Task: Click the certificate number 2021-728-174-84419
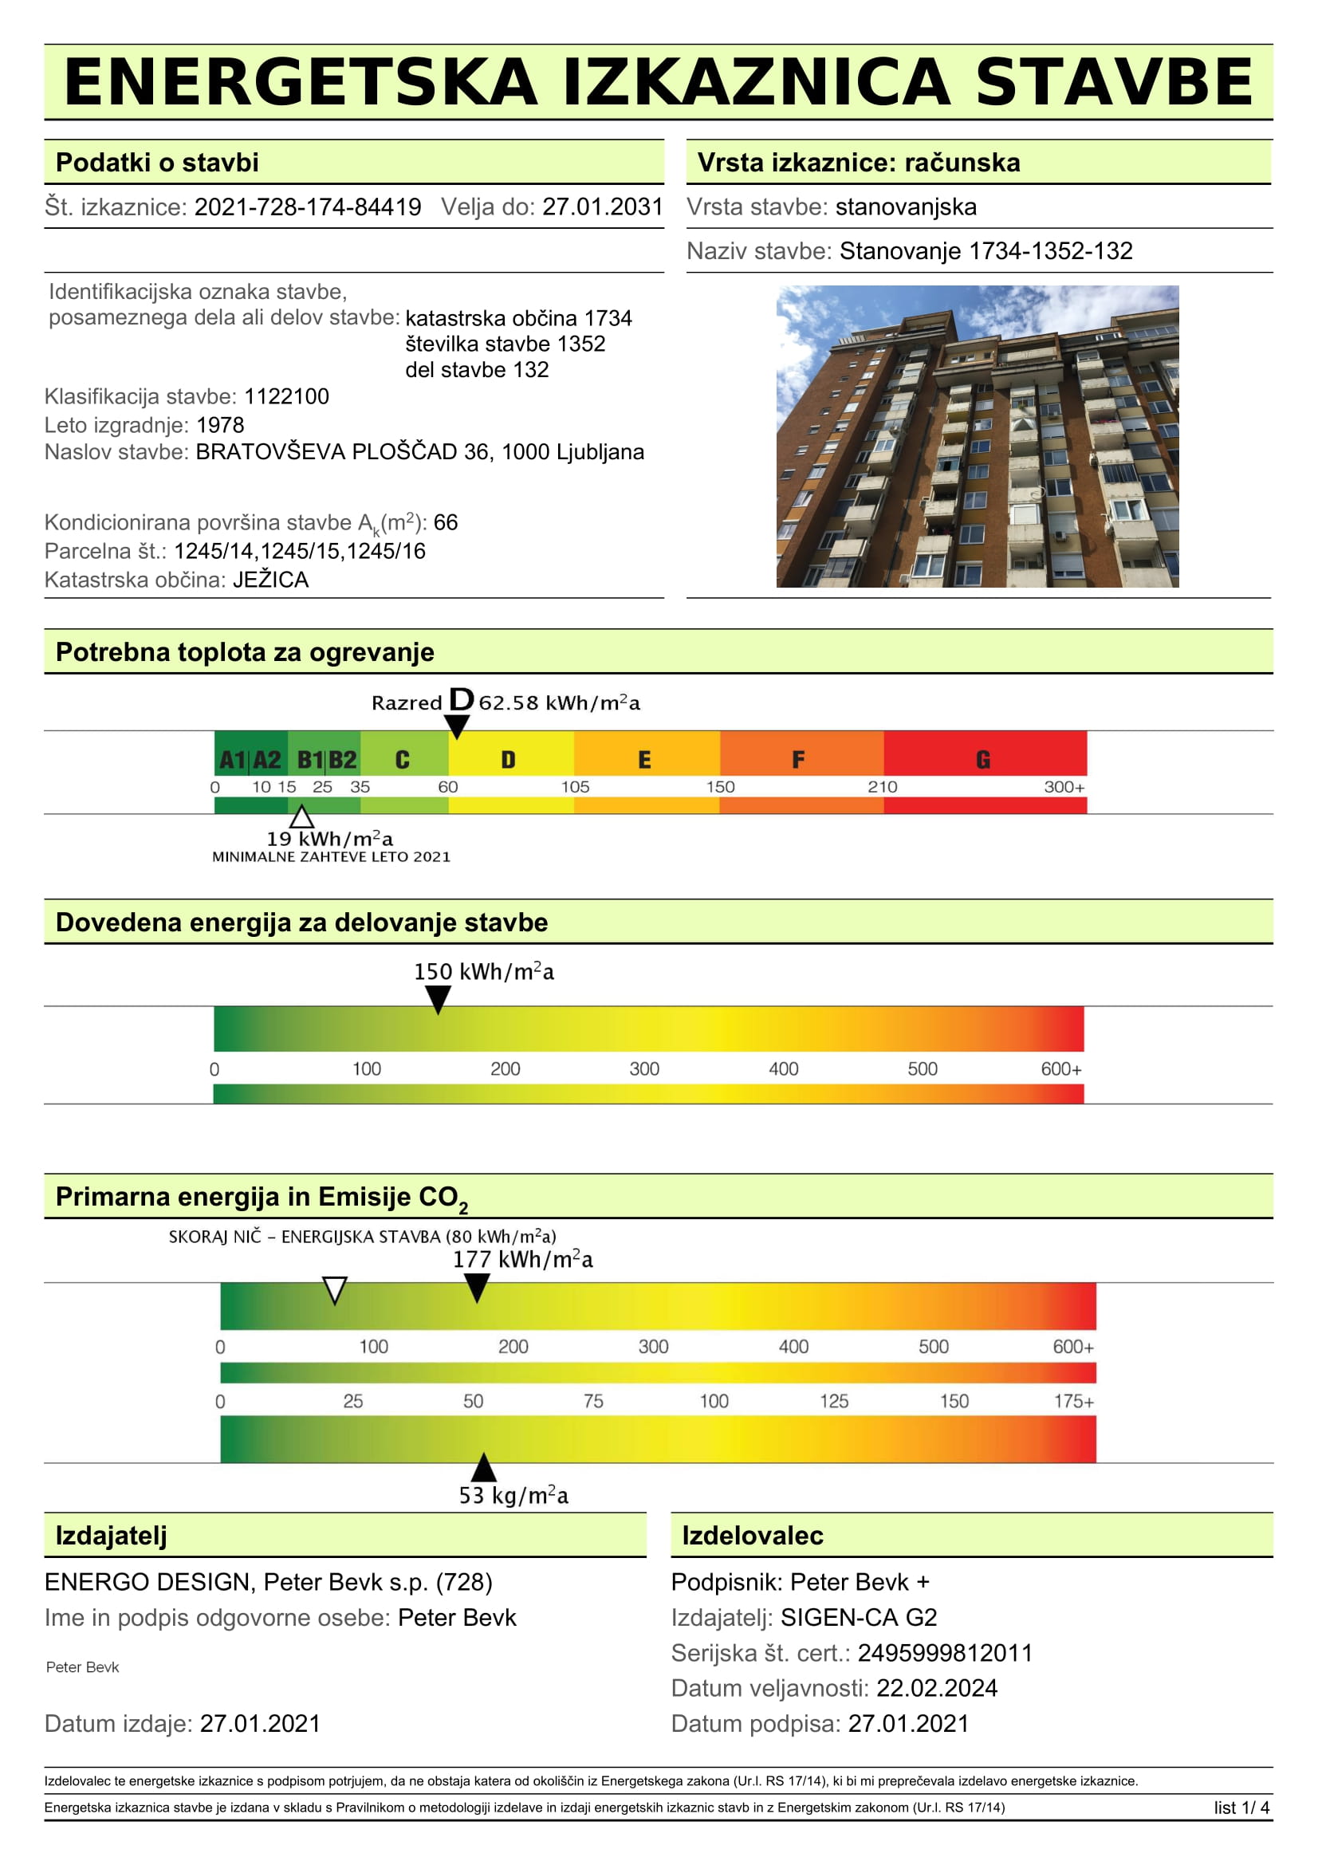(307, 207)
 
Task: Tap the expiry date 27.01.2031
(603, 207)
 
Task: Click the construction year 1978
(220, 425)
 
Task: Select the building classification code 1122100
(287, 396)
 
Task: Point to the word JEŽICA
(270, 580)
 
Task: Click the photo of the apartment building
(977, 436)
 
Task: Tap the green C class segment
(403, 760)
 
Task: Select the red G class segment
(983, 760)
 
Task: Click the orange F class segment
(799, 760)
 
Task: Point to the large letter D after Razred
(461, 699)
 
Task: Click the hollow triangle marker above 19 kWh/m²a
(302, 817)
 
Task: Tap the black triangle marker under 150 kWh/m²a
(438, 999)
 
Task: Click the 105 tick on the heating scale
(575, 787)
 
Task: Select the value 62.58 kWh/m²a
(560, 703)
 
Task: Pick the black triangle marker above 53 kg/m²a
(484, 1467)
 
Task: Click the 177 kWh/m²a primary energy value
(523, 1260)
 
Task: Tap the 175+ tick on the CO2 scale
(1073, 1401)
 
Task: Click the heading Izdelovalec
(752, 1536)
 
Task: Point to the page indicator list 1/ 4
(1241, 1808)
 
